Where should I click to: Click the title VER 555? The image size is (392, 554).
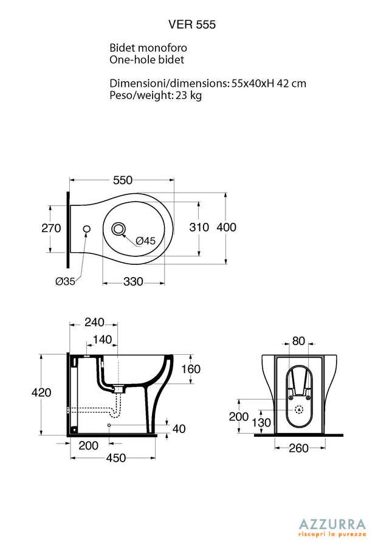click(x=192, y=24)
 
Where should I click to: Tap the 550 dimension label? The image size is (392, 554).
click(x=123, y=180)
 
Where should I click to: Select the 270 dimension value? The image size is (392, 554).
click(x=51, y=228)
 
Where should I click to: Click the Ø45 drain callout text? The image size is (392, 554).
click(x=146, y=241)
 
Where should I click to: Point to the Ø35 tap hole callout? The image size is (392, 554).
click(x=66, y=282)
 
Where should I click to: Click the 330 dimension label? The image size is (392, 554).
click(x=133, y=282)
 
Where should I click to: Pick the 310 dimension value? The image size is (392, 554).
click(x=199, y=227)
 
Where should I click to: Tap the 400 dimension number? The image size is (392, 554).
click(x=226, y=227)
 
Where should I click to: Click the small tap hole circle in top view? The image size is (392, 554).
click(x=86, y=229)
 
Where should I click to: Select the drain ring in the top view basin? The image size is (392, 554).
click(x=119, y=229)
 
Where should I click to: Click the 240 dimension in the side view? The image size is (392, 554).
click(x=94, y=322)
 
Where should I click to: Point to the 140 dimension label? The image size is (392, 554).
click(x=102, y=340)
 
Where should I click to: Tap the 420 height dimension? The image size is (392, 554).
click(x=41, y=392)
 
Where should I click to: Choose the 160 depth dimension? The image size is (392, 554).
click(x=191, y=369)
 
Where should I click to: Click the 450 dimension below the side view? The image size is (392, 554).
click(x=116, y=458)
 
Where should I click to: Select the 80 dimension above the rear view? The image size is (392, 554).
click(x=298, y=341)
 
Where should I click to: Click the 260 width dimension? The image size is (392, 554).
click(x=298, y=448)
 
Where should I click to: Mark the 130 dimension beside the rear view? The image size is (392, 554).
click(x=261, y=423)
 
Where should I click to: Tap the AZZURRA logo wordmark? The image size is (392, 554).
click(x=332, y=524)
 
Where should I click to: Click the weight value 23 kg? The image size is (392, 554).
click(x=189, y=95)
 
